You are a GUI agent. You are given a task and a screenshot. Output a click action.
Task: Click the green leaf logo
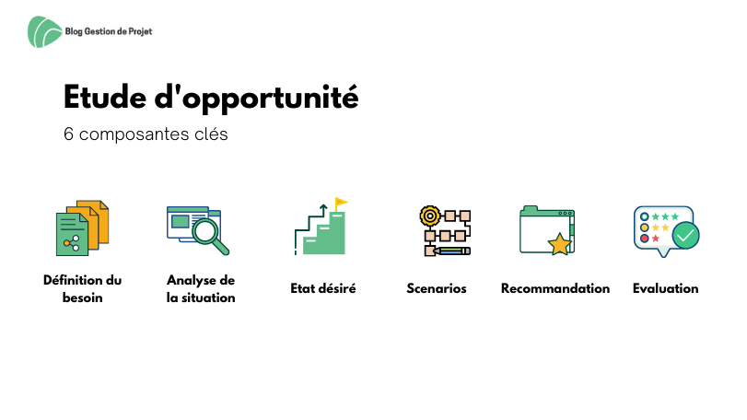click(x=44, y=32)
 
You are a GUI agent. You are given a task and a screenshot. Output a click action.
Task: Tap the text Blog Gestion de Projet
click(x=109, y=31)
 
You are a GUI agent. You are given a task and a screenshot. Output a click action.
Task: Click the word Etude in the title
click(x=105, y=97)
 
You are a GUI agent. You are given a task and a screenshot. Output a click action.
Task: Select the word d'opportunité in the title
click(x=256, y=99)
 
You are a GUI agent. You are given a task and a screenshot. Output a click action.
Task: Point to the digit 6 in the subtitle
click(x=68, y=134)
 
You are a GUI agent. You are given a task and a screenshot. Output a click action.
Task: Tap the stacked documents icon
click(x=82, y=227)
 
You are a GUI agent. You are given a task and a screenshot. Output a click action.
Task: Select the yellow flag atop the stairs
click(x=341, y=203)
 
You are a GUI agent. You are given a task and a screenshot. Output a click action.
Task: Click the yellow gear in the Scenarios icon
click(x=430, y=216)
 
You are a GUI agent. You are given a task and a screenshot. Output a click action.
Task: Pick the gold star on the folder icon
click(x=560, y=244)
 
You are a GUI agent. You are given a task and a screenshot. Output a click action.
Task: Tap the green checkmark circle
click(x=685, y=235)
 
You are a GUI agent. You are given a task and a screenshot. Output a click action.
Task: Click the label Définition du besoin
click(x=82, y=288)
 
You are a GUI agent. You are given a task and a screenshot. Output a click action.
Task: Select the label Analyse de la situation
click(x=201, y=288)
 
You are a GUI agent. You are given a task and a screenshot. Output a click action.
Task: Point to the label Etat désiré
click(x=323, y=288)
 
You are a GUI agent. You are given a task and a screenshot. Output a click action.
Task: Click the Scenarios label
click(x=437, y=288)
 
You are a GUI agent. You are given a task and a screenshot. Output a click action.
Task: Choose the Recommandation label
click(x=555, y=288)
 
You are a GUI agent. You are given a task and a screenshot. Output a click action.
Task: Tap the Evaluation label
click(x=666, y=288)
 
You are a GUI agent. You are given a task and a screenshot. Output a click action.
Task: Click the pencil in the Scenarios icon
click(x=450, y=251)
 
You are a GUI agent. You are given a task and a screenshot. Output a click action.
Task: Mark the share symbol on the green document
click(x=72, y=243)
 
